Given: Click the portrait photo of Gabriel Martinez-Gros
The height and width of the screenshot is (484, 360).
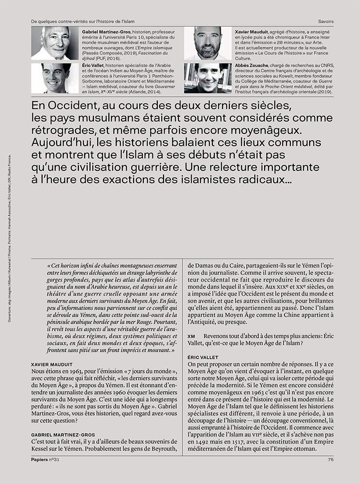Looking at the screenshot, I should point(55,44).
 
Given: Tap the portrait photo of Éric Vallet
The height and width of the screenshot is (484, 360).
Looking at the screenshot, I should point(55,78).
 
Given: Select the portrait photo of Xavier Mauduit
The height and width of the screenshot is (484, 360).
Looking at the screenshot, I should point(208,44).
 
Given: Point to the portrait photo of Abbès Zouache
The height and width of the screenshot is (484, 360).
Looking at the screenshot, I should point(208,78).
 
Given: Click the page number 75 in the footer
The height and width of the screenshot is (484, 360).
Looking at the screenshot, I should point(330,460).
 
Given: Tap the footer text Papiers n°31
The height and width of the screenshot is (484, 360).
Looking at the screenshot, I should point(45,460).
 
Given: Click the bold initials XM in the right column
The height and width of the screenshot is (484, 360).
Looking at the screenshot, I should point(191,336).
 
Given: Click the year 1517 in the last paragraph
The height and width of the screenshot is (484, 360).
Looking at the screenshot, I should point(246,441).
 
